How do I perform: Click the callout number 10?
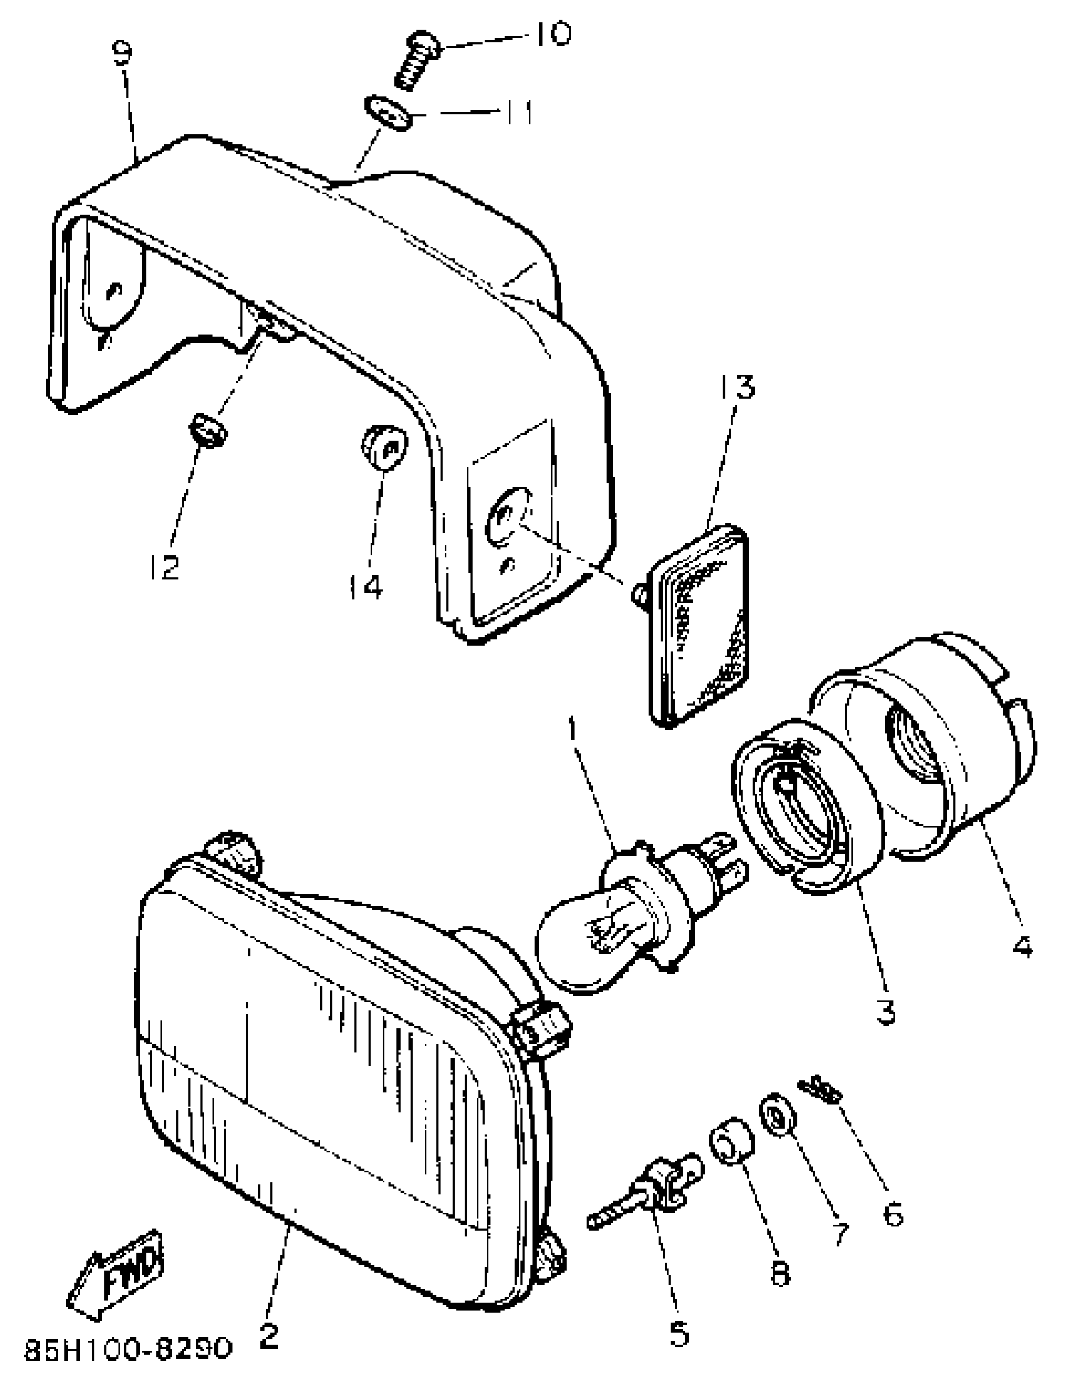[x=551, y=35]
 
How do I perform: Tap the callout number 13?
[x=737, y=386]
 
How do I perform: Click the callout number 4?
[x=1022, y=965]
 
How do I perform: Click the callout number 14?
[x=366, y=587]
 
